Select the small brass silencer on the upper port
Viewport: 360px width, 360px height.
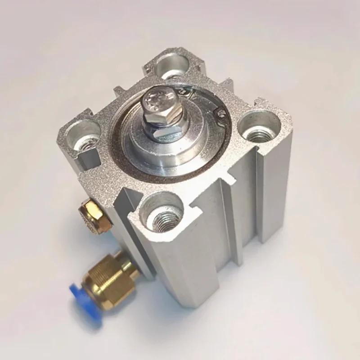coord(92,211)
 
